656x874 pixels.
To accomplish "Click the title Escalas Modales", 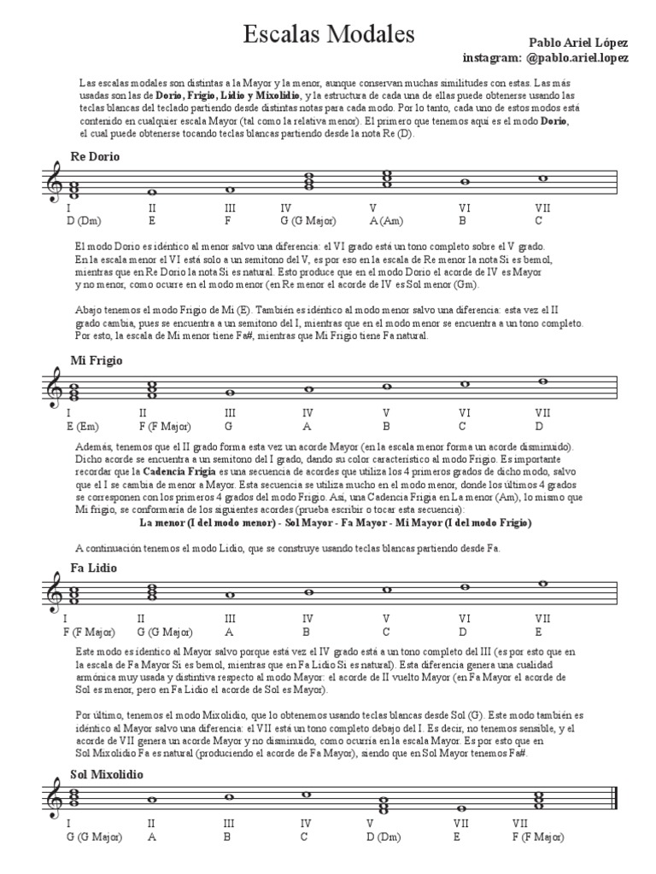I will tap(329, 34).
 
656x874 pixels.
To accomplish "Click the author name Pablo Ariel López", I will tap(578, 42).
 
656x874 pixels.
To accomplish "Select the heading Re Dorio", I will tap(95, 157).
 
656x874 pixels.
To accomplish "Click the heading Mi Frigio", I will tap(97, 360).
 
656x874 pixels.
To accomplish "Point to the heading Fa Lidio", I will tap(94, 568).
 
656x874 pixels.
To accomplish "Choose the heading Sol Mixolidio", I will tap(107, 774).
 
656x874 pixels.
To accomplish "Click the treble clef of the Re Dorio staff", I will tap(53, 184).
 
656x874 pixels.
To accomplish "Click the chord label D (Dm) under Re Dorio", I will tap(82, 220).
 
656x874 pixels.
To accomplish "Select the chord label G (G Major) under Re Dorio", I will tap(310, 220).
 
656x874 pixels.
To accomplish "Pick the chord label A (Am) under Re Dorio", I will tap(386, 220).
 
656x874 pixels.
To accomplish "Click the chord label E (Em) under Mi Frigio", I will tap(82, 426).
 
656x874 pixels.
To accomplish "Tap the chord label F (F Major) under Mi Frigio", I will tap(166, 426).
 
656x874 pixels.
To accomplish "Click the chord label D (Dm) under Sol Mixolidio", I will tap(385, 837).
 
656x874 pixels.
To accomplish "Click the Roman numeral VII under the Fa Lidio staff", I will tap(542, 618).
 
